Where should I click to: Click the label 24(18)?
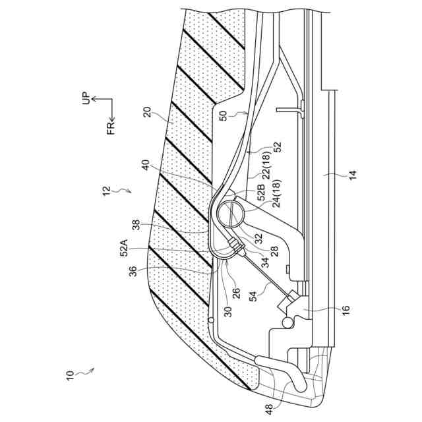tap(276, 193)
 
